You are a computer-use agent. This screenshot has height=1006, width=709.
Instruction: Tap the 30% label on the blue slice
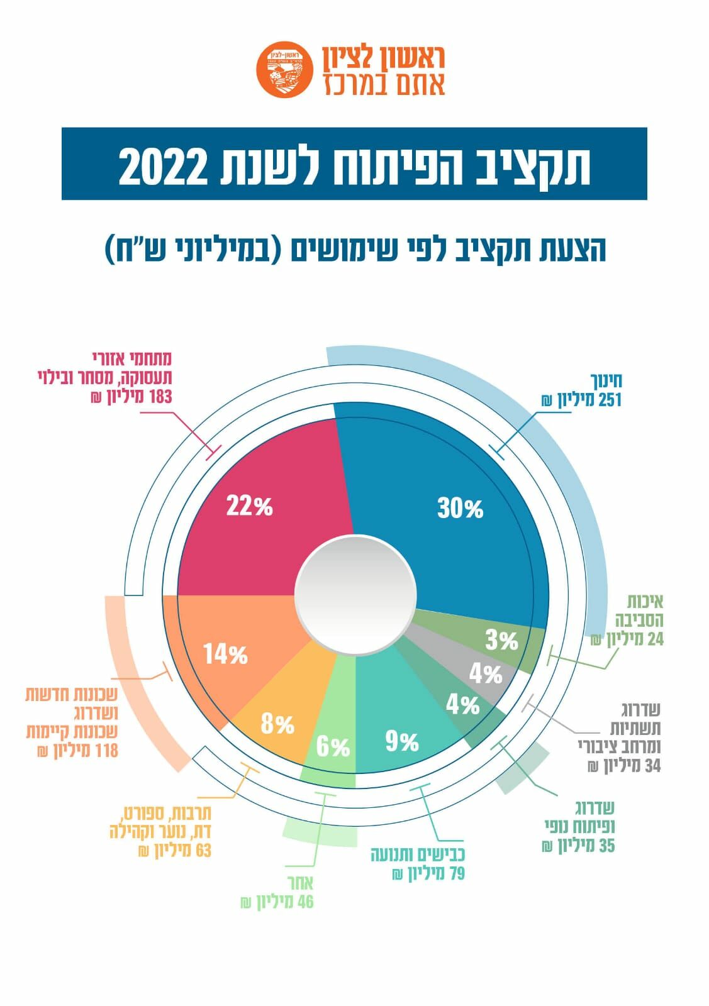pyautogui.click(x=460, y=508)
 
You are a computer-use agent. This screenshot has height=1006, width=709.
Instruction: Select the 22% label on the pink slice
pyautogui.click(x=249, y=506)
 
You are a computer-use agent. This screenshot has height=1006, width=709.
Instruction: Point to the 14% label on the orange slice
pyautogui.click(x=225, y=655)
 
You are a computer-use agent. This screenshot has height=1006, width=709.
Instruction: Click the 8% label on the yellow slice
pyautogui.click(x=277, y=724)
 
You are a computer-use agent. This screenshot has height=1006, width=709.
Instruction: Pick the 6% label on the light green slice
pyautogui.click(x=333, y=747)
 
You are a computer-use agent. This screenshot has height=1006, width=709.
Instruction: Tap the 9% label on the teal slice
pyautogui.click(x=402, y=742)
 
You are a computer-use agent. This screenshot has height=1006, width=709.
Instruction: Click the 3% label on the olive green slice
pyautogui.click(x=501, y=641)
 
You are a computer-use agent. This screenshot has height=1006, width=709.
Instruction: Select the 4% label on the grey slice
pyautogui.click(x=485, y=674)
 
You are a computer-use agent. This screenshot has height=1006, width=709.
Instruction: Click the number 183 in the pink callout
pyautogui.click(x=159, y=397)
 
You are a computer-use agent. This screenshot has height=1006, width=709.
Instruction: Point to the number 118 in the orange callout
pyautogui.click(x=105, y=751)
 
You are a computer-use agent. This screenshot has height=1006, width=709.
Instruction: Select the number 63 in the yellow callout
pyautogui.click(x=203, y=851)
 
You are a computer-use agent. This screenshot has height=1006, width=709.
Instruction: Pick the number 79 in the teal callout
pyautogui.click(x=456, y=874)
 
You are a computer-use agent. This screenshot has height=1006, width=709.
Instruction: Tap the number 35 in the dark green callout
pyautogui.click(x=606, y=846)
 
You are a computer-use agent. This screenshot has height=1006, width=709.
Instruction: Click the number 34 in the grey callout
pyautogui.click(x=652, y=766)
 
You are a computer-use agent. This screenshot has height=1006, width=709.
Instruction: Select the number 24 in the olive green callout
pyautogui.click(x=655, y=639)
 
